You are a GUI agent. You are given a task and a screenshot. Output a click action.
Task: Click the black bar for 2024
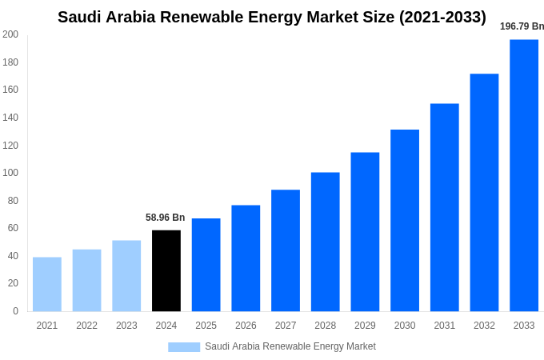click(x=166, y=270)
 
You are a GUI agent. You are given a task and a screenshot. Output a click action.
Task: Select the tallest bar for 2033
click(x=524, y=175)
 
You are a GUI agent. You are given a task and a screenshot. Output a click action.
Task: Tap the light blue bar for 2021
click(x=47, y=284)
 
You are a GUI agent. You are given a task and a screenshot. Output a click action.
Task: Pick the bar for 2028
click(x=325, y=242)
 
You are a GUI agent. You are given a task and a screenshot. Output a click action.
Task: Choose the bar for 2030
click(x=405, y=220)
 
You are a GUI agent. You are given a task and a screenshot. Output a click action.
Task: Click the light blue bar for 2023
click(x=126, y=275)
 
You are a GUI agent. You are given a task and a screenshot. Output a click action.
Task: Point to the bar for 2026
click(x=246, y=258)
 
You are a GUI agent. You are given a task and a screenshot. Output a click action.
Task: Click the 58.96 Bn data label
click(x=165, y=218)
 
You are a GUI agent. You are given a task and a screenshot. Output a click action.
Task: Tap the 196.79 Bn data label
click(x=522, y=26)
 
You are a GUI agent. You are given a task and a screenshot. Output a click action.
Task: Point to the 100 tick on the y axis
click(x=10, y=173)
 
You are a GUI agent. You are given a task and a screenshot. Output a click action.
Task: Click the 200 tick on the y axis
click(x=10, y=34)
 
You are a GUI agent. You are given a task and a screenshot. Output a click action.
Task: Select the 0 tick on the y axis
click(x=15, y=311)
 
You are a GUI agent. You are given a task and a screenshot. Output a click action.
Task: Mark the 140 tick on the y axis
click(x=10, y=118)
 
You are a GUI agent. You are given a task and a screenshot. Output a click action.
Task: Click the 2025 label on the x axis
click(x=206, y=326)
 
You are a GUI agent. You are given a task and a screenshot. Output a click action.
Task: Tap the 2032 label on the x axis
click(x=484, y=326)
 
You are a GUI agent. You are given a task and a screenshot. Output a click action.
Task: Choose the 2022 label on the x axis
click(x=86, y=326)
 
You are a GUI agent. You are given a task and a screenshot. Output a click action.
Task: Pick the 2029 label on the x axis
click(x=365, y=326)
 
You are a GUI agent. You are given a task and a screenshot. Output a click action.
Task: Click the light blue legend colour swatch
click(x=184, y=346)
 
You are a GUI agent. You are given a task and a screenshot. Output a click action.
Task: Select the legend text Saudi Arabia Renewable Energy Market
click(x=290, y=346)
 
